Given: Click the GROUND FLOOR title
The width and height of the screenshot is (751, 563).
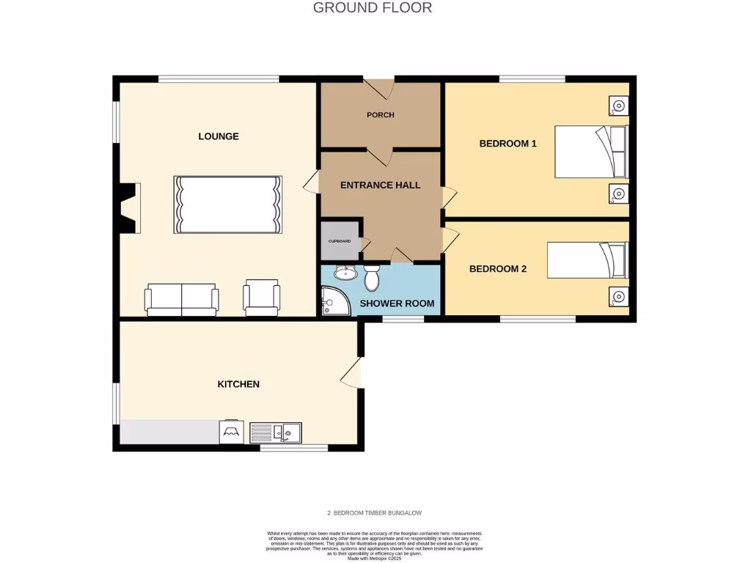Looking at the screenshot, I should [x=373, y=8].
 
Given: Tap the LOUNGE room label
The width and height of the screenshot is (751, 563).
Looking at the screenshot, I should [x=219, y=136].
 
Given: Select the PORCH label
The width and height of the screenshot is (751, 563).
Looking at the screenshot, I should [x=381, y=115].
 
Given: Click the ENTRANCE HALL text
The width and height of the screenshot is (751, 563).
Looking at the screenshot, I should [x=381, y=185].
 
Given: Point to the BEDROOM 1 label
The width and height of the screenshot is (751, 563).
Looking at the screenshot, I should [x=508, y=144].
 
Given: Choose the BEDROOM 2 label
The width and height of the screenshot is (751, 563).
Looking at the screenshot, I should [x=498, y=269].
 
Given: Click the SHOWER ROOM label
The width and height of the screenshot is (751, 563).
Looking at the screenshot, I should [x=397, y=303].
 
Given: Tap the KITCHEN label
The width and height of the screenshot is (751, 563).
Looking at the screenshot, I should [x=238, y=384].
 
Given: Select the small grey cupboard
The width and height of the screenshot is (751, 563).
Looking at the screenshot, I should [x=339, y=241].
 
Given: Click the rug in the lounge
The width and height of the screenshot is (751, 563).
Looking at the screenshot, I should [x=228, y=205].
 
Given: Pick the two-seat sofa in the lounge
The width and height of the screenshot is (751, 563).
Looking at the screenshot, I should [x=182, y=299].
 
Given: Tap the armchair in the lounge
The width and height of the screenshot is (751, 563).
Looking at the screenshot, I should [x=262, y=298].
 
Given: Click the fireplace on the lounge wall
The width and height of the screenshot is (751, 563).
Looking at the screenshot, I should [x=129, y=207].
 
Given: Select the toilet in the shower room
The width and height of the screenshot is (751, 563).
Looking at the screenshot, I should [x=372, y=277].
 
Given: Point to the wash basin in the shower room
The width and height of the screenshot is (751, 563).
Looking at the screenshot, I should [x=344, y=273].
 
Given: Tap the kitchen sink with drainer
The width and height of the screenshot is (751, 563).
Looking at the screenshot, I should [x=275, y=433].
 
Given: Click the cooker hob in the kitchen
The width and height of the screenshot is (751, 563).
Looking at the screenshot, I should [x=232, y=432].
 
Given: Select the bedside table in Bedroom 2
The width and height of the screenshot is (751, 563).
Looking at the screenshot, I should [x=618, y=297].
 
